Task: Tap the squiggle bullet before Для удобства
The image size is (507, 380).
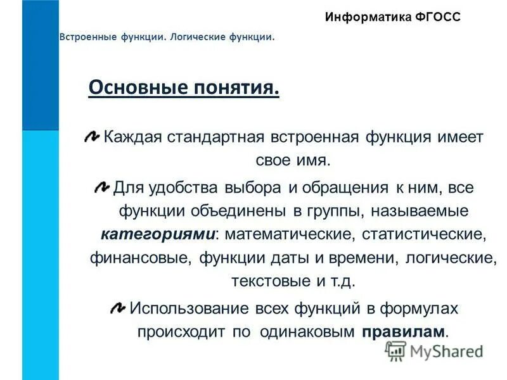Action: (101, 186)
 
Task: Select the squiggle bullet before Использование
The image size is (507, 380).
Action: (118, 308)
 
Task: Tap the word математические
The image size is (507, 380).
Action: (288, 234)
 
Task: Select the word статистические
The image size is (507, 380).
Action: (424, 234)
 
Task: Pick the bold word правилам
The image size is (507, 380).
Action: (404, 332)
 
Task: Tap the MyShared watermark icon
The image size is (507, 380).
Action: (396, 350)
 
